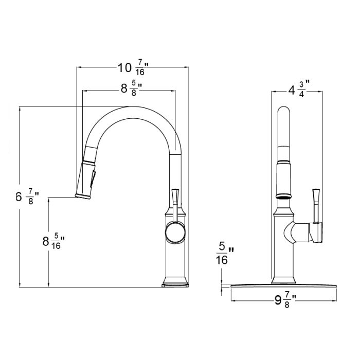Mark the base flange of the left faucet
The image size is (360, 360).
tap(174, 283)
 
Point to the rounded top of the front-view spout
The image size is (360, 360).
tap(284, 112)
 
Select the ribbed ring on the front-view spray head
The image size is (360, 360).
tap(284, 196)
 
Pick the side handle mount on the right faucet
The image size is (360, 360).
tap(315, 232)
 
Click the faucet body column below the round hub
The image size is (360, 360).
tap(175, 262)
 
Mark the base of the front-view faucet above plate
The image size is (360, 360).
tap(284, 280)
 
